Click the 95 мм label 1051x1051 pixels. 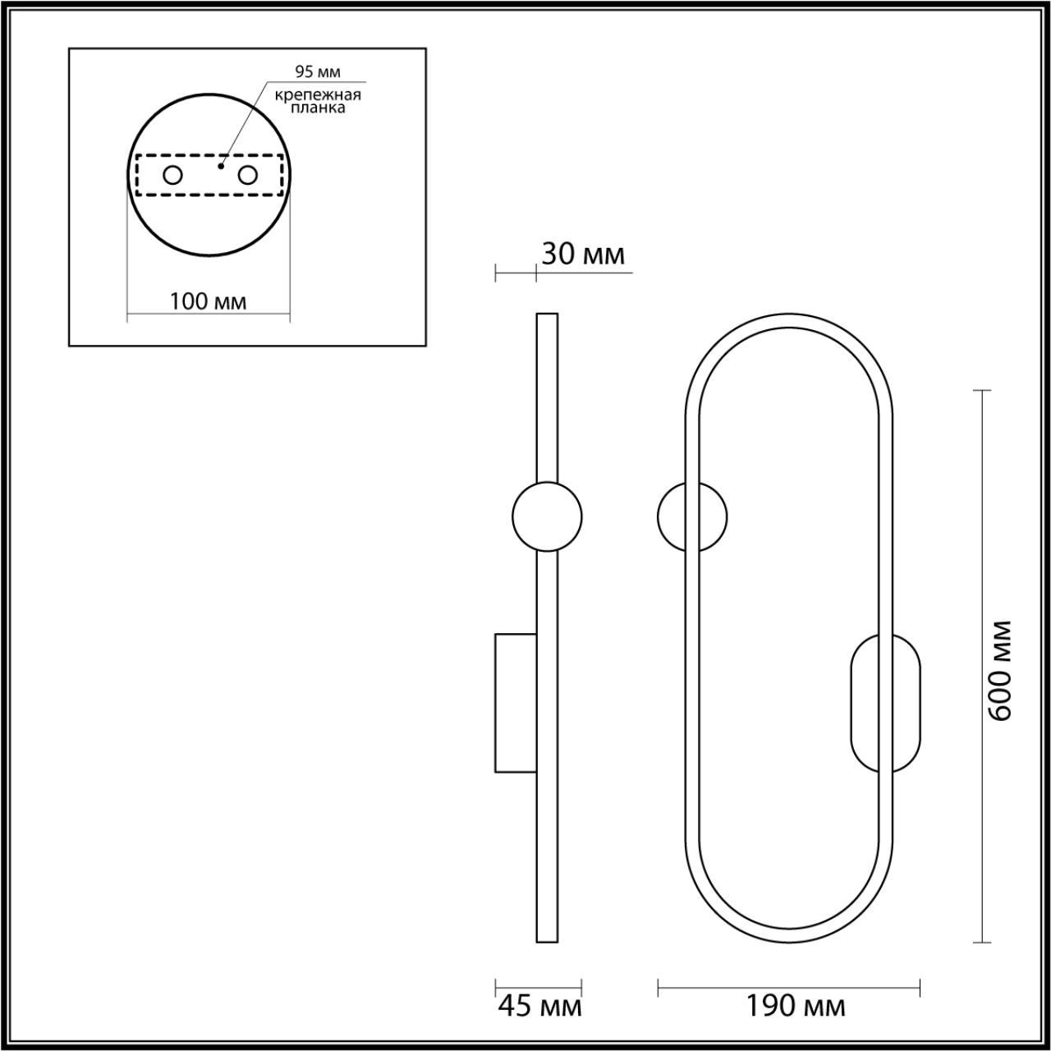pyautogui.click(x=318, y=71)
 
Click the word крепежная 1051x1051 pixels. pyautogui.click(x=318, y=94)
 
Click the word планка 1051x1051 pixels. pyautogui.click(x=318, y=108)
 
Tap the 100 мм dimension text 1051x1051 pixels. pyautogui.click(x=208, y=301)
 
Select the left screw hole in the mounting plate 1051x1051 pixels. pyautogui.click(x=172, y=175)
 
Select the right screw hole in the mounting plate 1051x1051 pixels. pyautogui.click(x=247, y=175)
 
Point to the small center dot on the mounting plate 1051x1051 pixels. pyautogui.click(x=220, y=166)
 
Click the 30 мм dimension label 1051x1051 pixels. pyautogui.click(x=583, y=255)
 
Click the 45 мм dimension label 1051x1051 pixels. pyautogui.click(x=539, y=1005)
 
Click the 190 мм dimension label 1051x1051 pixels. pyautogui.click(x=795, y=1005)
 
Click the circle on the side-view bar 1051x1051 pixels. pyautogui.click(x=547, y=517)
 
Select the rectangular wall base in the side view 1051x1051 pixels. pyautogui.click(x=515, y=703)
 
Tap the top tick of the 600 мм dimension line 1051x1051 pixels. pyautogui.click(x=981, y=391)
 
